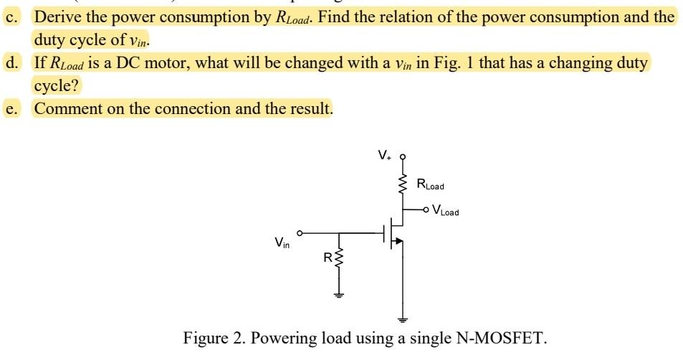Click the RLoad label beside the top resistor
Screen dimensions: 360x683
tap(430, 186)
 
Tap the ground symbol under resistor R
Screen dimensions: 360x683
tap(339, 294)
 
